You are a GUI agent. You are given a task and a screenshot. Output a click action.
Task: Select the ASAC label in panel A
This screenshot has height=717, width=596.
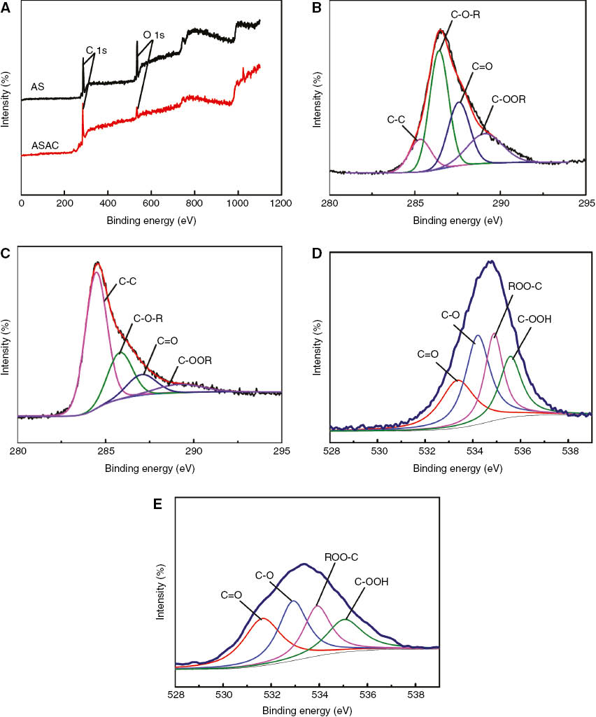pyautogui.click(x=44, y=146)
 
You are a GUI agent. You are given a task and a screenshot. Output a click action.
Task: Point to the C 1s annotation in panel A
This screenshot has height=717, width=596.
pyautogui.click(x=99, y=50)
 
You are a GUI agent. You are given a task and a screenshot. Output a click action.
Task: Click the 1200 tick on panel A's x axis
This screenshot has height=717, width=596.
pyautogui.click(x=281, y=202)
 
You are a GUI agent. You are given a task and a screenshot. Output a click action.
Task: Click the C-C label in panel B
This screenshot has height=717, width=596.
pyautogui.click(x=397, y=120)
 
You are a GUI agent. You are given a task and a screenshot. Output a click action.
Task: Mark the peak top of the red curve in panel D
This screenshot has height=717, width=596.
pyautogui.click(x=457, y=380)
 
